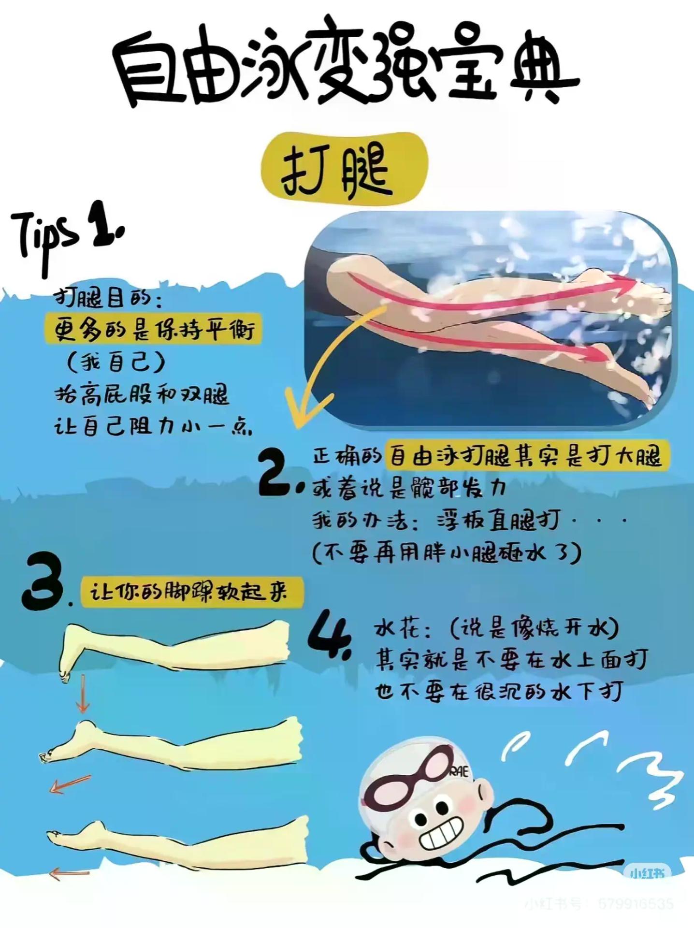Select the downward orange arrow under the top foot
[83, 694]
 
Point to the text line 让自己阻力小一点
[153, 426]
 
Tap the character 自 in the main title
[145, 72]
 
